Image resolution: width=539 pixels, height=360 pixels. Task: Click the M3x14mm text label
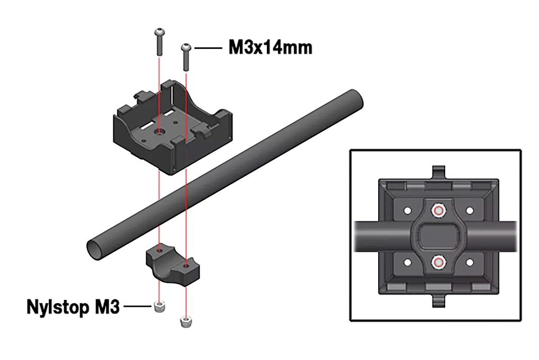click(270, 48)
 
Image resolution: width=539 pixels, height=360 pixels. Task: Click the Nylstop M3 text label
click(73, 307)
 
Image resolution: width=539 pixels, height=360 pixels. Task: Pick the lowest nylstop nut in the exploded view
click(185, 322)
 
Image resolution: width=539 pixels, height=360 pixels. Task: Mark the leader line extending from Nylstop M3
click(137, 306)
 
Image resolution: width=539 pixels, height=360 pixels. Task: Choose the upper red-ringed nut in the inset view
click(438, 211)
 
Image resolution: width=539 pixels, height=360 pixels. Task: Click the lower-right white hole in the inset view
click(469, 262)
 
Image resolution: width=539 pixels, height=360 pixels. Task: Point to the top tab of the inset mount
click(439, 173)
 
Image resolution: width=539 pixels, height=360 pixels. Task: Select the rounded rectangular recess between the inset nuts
click(438, 236)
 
